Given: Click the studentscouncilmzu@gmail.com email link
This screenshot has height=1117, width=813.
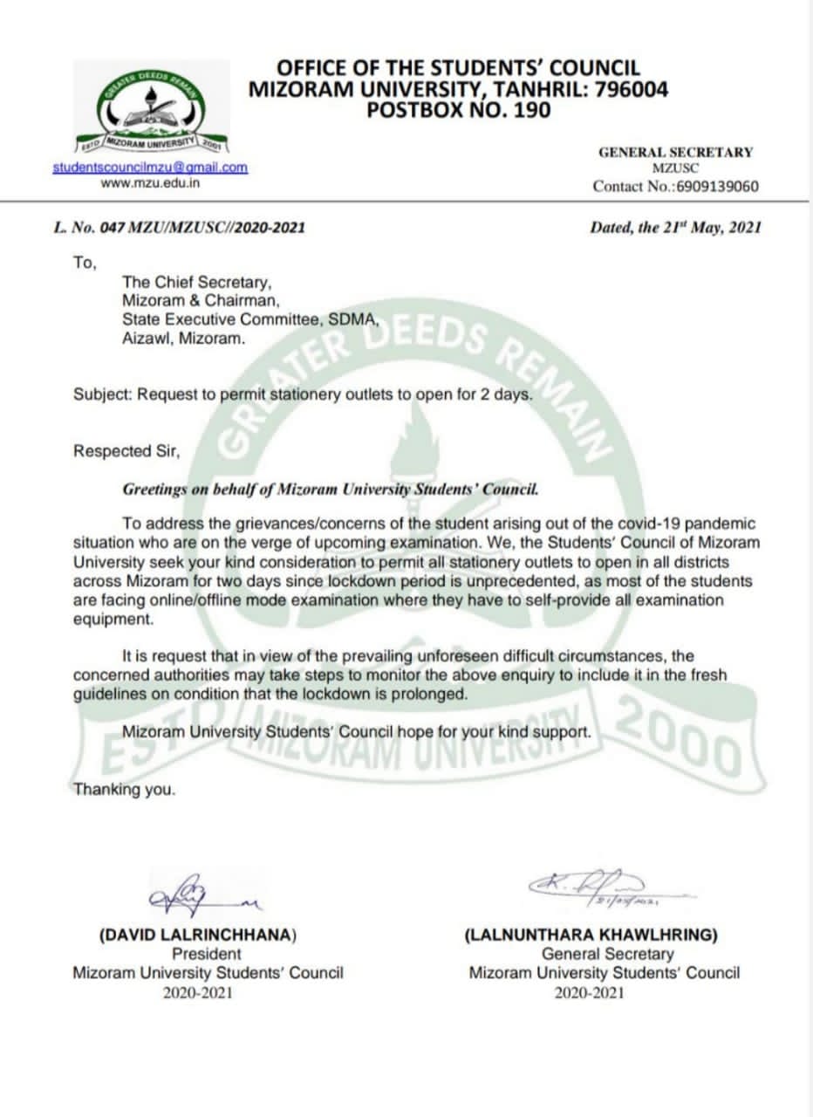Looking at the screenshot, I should tap(150, 167).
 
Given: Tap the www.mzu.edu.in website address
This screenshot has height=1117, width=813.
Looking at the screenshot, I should tap(150, 182).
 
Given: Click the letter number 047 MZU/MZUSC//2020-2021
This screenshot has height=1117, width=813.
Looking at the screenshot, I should tap(179, 228).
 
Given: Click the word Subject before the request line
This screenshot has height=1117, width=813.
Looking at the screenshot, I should tap(100, 394).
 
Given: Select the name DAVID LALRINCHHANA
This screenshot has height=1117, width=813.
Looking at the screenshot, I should tap(198, 935).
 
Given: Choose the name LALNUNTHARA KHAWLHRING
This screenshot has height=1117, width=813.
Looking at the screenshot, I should tap(592, 935).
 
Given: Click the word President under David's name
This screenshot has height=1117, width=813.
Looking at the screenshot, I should tap(207, 954).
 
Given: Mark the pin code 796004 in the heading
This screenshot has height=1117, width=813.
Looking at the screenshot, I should tap(632, 89).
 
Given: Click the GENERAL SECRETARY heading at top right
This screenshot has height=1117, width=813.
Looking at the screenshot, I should tap(674, 152).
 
